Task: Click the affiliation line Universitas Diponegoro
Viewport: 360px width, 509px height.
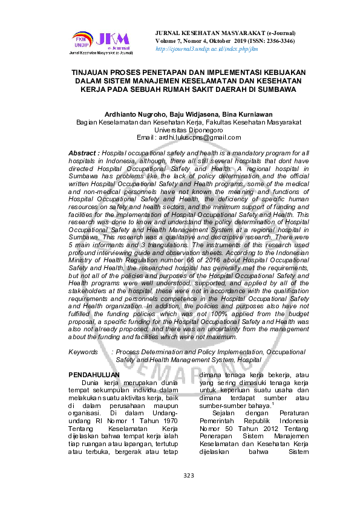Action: (180, 129)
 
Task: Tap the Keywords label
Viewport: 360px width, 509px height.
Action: (83, 351)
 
